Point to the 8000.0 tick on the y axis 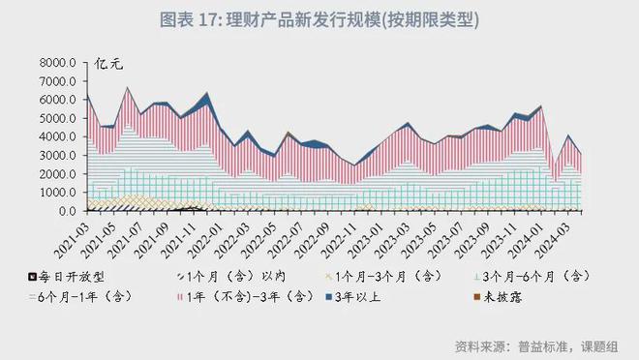[58, 64]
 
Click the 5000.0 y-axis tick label [58, 119]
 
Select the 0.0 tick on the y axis [67, 211]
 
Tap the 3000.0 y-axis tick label [58, 156]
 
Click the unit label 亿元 [108, 65]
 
